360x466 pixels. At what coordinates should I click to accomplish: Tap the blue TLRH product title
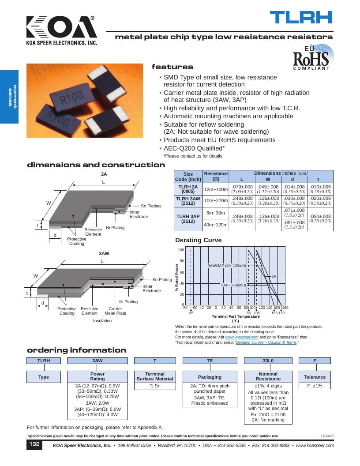point(301,18)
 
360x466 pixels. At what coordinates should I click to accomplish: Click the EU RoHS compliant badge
point(312,57)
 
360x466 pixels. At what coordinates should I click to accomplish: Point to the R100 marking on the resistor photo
point(71,97)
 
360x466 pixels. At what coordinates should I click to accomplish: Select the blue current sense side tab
point(9,97)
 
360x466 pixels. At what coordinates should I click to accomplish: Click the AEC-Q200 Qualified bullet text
point(194,148)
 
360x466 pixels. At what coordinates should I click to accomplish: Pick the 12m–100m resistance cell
point(216,189)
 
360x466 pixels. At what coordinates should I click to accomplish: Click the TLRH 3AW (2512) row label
point(188,201)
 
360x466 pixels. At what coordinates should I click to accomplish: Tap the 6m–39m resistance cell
point(216,213)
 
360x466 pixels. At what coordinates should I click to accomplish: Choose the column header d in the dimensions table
point(292,179)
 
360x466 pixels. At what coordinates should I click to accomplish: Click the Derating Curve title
point(199,240)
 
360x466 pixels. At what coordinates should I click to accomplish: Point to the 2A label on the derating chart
point(274,276)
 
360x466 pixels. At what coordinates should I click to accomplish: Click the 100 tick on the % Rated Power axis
point(181,250)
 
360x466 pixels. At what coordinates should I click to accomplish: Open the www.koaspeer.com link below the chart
point(241,337)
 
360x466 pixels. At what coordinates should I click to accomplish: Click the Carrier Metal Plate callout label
point(115,311)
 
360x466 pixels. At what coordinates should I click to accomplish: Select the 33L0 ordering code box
point(268,361)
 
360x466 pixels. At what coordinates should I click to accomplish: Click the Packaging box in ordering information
point(210,377)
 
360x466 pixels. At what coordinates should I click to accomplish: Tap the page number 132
point(34,444)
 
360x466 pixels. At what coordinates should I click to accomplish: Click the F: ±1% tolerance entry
point(315,386)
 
